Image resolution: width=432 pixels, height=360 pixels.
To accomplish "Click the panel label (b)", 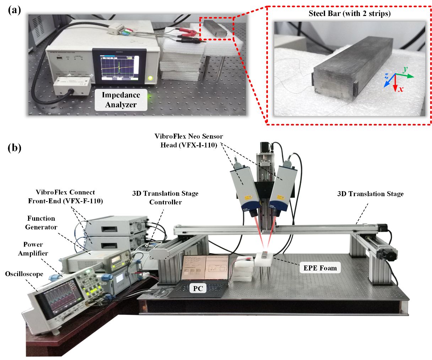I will (15, 147).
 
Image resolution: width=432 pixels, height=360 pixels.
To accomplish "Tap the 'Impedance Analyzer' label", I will (121, 100).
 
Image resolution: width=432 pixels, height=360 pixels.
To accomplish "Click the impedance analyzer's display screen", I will (119, 66).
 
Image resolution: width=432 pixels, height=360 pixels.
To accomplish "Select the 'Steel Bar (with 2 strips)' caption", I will (350, 14).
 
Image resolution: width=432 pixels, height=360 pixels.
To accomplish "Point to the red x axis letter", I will (401, 89).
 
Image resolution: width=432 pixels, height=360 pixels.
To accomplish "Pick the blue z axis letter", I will (387, 76).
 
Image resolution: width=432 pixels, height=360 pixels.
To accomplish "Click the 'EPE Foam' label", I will (320, 268).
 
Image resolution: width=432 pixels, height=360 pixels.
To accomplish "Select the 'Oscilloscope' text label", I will (24, 274).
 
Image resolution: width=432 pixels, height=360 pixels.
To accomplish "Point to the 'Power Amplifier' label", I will (33, 249).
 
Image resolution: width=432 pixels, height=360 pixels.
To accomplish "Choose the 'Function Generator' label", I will (41, 222).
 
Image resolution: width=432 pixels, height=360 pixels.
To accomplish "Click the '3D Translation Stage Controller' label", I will (165, 198).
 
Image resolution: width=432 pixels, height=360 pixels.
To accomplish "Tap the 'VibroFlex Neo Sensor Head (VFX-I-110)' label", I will (189, 140).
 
